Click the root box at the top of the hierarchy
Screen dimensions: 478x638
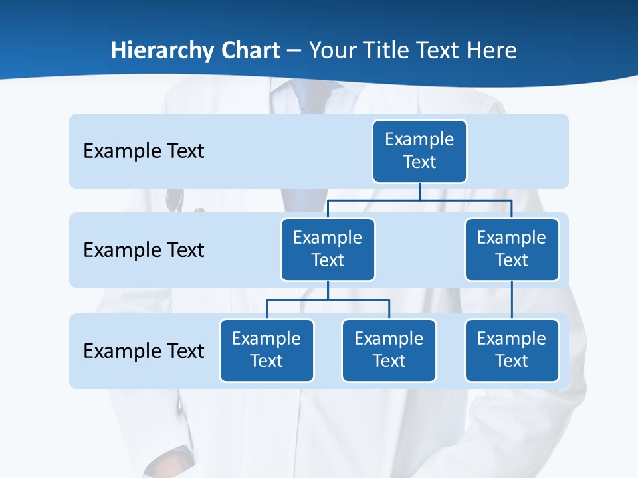point(419,151)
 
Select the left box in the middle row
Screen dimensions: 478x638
point(328,249)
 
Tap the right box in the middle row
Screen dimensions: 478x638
point(512,249)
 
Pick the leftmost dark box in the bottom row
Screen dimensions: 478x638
point(266,350)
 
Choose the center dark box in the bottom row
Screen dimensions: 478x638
point(389,350)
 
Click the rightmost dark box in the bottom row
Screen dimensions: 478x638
point(512,350)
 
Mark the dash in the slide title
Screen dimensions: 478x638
point(294,51)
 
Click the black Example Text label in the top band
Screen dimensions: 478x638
point(144,151)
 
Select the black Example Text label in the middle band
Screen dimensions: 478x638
point(144,250)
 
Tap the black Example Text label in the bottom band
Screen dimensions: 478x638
point(144,351)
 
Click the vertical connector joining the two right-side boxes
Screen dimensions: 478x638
point(512,300)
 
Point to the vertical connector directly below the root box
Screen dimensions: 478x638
point(419,191)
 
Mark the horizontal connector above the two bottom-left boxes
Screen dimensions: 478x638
point(328,300)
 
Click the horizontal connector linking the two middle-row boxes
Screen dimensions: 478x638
point(419,200)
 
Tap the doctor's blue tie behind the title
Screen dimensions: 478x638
point(303,100)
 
